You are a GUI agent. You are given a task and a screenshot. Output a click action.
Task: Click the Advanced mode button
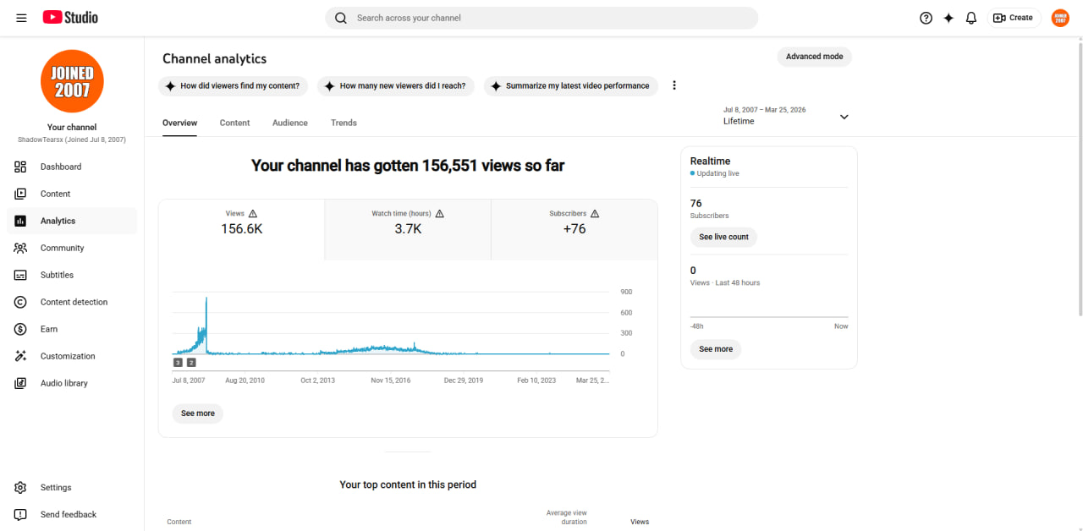[x=814, y=57]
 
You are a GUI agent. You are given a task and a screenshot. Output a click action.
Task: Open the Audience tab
[x=289, y=123]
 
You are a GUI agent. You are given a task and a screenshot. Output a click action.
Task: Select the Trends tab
[x=344, y=123]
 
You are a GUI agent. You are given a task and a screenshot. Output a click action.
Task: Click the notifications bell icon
[x=970, y=18]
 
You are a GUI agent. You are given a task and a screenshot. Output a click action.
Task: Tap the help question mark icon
[x=926, y=18]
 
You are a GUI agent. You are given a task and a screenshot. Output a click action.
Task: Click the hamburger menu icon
[x=21, y=18]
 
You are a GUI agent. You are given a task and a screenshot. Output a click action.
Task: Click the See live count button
[x=723, y=238]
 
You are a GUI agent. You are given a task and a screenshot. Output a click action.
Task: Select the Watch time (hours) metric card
[x=408, y=229]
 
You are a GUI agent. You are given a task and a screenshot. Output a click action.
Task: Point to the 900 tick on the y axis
[x=626, y=292]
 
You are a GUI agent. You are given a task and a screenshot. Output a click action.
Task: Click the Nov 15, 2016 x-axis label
[x=391, y=380]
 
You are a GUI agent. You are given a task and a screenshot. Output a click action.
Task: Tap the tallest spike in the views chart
[x=206, y=298]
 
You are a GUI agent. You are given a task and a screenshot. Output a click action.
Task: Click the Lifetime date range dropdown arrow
[x=844, y=117]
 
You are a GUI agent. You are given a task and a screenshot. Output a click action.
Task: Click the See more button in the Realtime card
[x=716, y=349]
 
